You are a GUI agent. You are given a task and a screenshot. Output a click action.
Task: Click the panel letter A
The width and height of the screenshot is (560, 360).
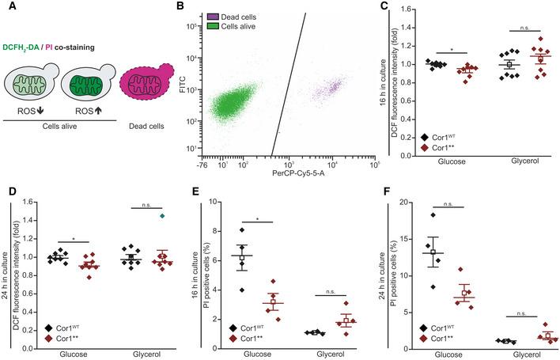8,9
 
